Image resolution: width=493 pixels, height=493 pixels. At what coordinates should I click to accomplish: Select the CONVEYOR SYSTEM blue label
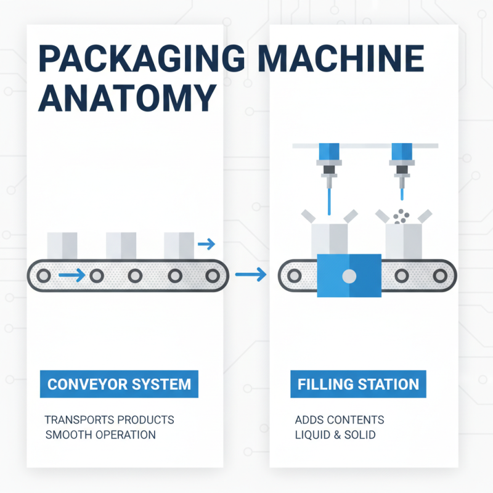point(119,385)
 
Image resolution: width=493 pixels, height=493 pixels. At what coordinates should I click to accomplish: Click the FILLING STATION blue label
point(358,385)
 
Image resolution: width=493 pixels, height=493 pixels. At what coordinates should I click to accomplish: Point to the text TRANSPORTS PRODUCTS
point(109,420)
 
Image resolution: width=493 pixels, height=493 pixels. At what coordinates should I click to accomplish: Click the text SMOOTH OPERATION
point(100,435)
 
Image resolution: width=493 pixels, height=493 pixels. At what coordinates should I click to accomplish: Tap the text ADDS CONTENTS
point(339,420)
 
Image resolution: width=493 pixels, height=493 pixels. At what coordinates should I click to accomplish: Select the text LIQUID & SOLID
point(335,435)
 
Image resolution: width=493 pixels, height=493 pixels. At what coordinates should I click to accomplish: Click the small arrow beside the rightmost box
point(206,245)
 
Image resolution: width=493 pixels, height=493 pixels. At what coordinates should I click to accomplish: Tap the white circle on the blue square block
point(349,275)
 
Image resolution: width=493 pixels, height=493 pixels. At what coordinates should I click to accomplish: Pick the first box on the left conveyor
point(62,245)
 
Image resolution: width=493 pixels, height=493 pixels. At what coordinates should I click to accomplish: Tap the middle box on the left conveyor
point(121,245)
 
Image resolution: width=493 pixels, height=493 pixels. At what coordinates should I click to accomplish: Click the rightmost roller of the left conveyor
point(213,275)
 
